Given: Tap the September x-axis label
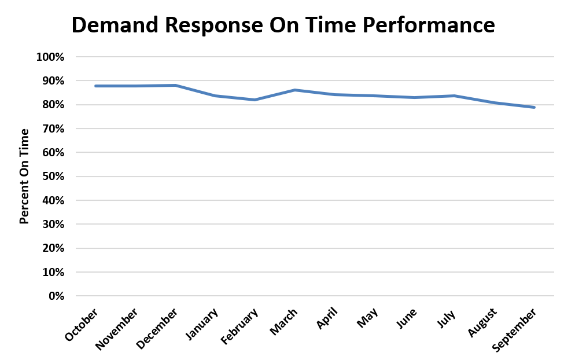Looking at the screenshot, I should [514, 329].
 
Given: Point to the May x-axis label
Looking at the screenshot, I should [367, 318].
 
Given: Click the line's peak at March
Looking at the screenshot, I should [295, 90].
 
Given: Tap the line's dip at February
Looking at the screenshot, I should [255, 100].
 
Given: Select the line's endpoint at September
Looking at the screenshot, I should [534, 107].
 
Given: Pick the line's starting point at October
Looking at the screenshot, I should [95, 86].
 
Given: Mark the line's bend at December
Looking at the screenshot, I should [175, 85].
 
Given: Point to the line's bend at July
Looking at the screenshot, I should [454, 95].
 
